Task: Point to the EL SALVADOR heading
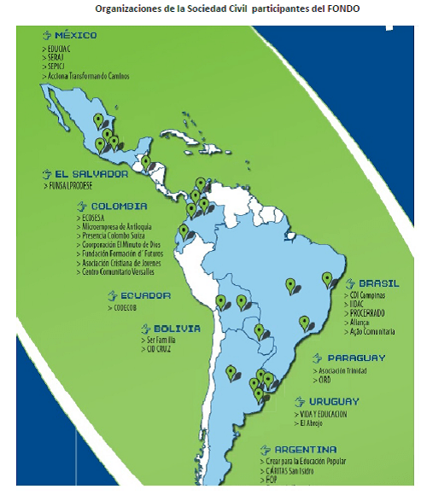[91, 173]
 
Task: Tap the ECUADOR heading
[144, 296]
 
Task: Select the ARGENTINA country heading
[305, 449]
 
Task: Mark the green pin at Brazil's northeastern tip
[327, 279]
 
